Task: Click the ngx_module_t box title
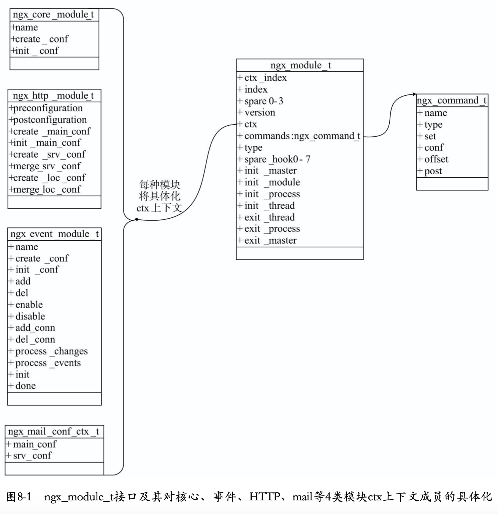pos(300,65)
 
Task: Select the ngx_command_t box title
pos(452,100)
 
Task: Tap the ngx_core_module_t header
pos(53,14)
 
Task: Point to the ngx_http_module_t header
pos(53,96)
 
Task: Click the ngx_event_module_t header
pos(54,234)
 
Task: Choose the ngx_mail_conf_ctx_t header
pos(54,431)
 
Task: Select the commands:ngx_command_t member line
pos(299,136)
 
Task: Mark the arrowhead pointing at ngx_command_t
pos(414,94)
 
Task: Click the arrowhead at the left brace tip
pos(136,219)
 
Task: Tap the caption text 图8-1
pos(19,497)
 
